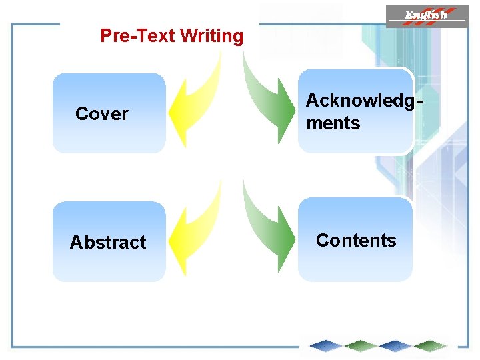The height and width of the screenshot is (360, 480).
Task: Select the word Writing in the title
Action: click(212, 36)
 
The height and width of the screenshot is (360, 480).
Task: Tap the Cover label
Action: click(101, 114)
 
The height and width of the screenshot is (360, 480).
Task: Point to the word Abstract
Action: click(108, 242)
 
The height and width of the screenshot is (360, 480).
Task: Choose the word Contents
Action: click(356, 240)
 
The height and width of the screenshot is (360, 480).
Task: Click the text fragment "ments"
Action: click(333, 123)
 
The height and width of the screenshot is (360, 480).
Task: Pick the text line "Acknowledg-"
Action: click(364, 101)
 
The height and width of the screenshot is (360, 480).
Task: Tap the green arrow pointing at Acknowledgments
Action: click(270, 100)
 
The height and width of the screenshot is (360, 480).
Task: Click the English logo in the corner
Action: click(427, 15)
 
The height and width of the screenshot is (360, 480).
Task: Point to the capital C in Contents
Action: click(322, 240)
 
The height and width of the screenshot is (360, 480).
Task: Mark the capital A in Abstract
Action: click(76, 242)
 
